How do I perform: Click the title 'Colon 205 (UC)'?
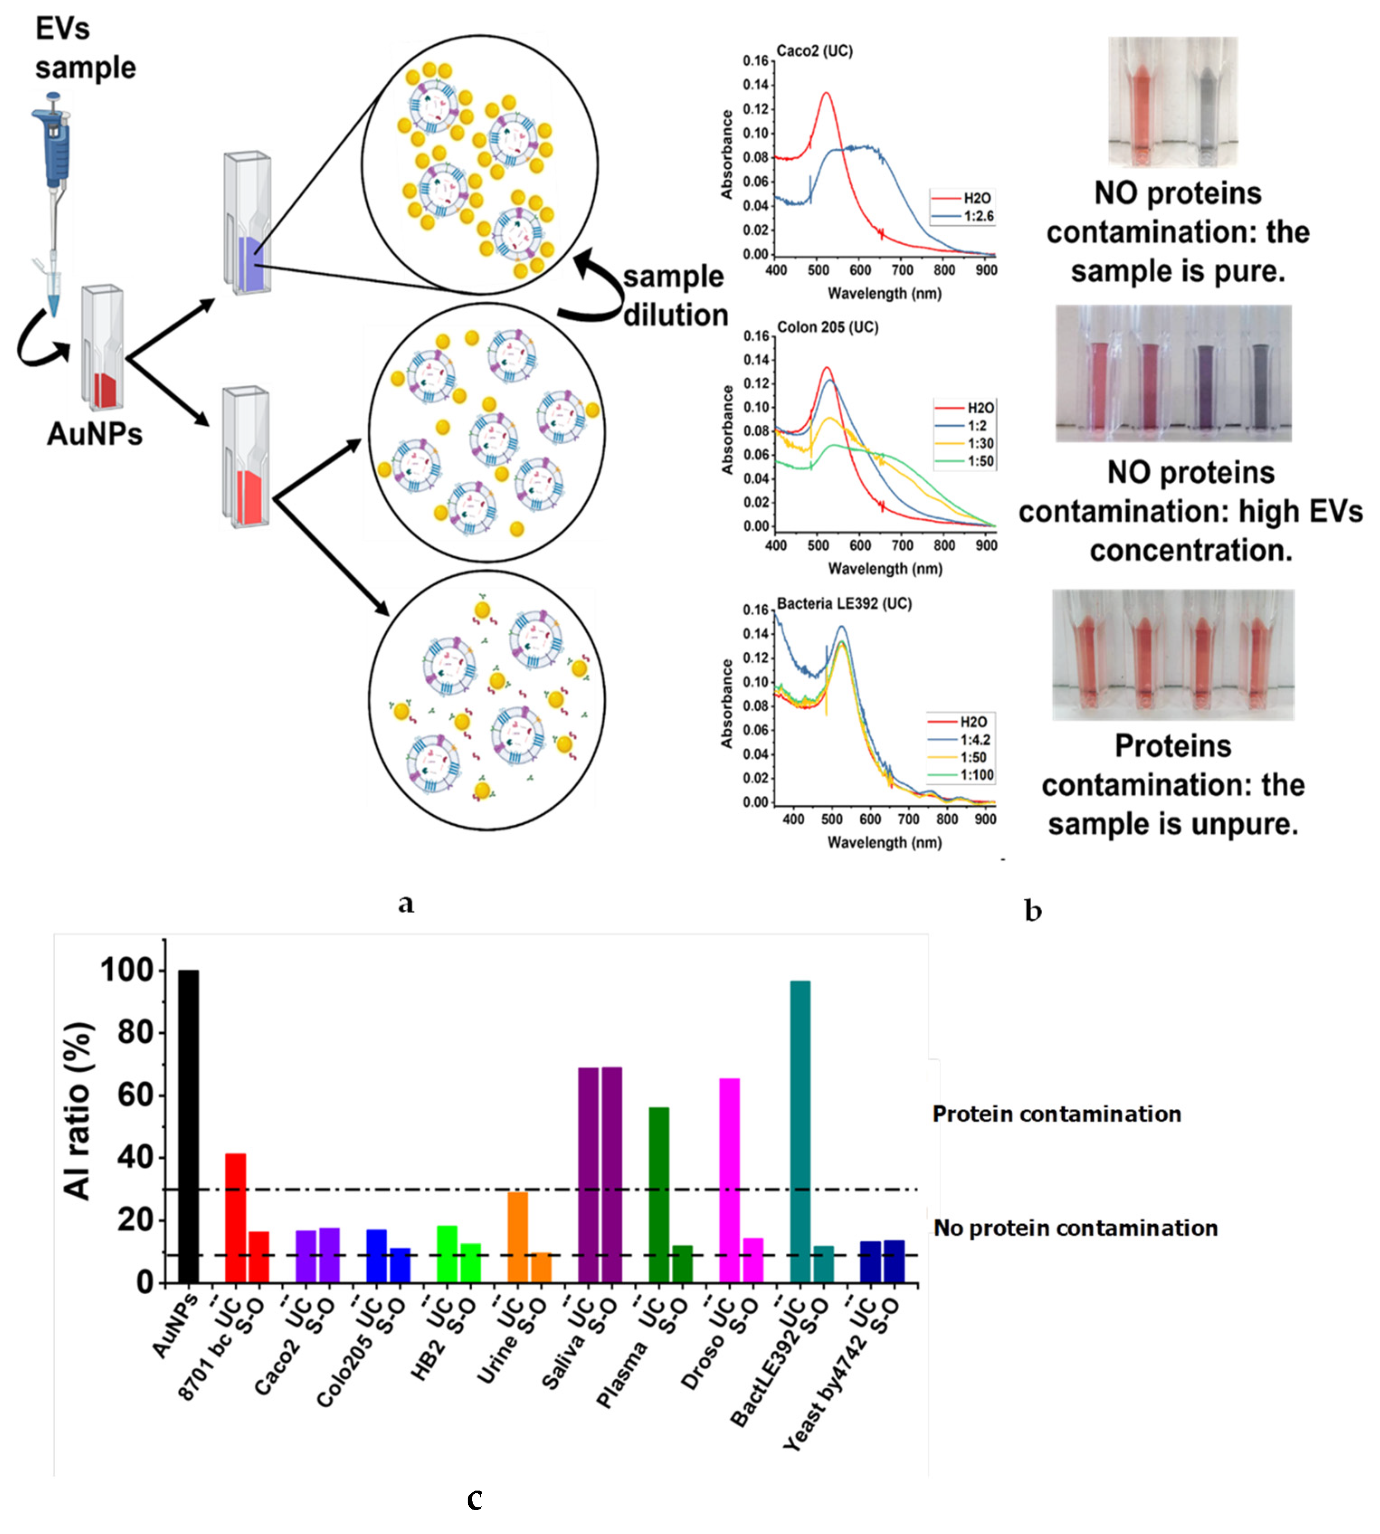click(827, 328)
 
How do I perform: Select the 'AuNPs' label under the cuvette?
click(95, 434)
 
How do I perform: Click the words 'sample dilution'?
click(674, 296)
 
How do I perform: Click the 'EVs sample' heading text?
click(85, 48)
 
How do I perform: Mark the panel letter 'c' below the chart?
click(474, 1499)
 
